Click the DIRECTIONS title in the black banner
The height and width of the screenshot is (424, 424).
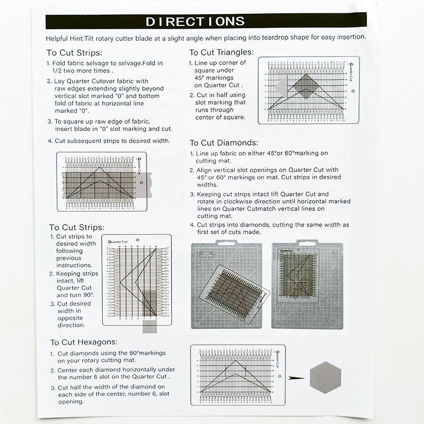[195, 21]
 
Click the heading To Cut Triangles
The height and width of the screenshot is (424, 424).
[221, 52]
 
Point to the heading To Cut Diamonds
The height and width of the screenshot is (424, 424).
[223, 142]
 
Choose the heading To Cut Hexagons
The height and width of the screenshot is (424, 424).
[84, 342]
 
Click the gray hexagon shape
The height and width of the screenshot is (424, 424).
[325, 377]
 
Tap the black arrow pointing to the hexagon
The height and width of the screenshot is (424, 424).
[296, 377]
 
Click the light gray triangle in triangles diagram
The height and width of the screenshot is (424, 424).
[282, 87]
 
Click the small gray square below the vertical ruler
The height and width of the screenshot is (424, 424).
[149, 327]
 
